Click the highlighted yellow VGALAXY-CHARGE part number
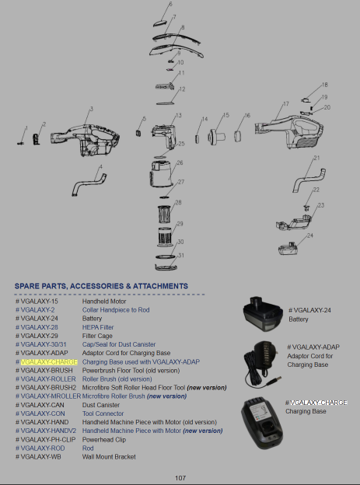click(49, 361)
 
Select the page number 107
click(180, 478)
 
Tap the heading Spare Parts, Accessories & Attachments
click(101, 286)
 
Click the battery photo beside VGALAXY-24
click(263, 314)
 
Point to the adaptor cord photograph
click(263, 365)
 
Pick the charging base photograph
click(263, 423)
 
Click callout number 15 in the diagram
click(226, 115)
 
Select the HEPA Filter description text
click(98, 327)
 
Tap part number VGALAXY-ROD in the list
click(43, 448)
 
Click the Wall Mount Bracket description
click(109, 457)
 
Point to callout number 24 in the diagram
click(310, 236)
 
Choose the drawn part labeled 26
click(160, 173)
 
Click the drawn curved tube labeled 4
click(89, 185)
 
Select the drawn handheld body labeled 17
click(289, 131)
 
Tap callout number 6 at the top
click(170, 4)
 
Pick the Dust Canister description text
click(101, 405)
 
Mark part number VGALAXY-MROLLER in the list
click(51, 396)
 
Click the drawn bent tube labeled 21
click(309, 180)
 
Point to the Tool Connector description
click(103, 413)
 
